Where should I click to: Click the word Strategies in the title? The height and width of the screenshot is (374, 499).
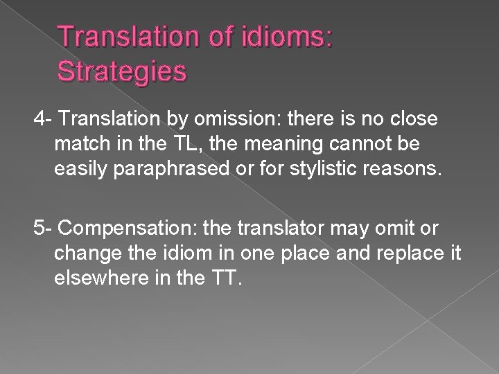click(x=122, y=71)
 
